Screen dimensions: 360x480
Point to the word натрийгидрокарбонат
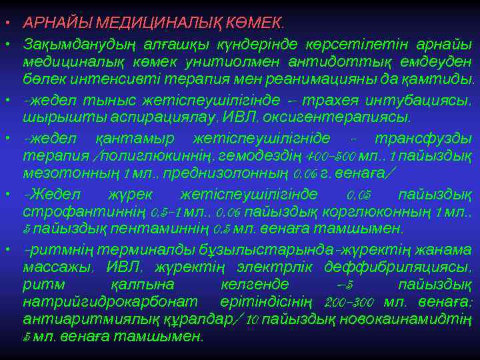(x=98, y=301)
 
